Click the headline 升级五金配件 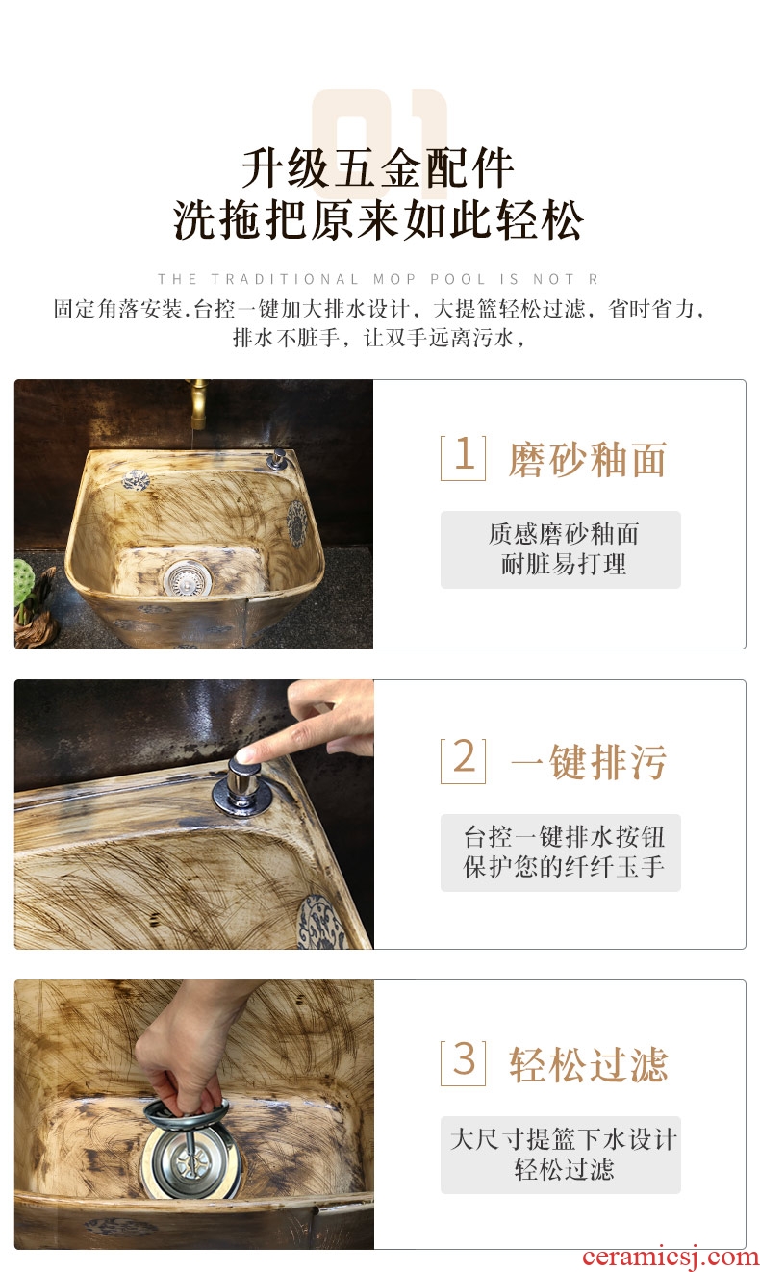pyautogui.click(x=378, y=168)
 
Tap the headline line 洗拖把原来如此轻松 pyautogui.click(x=378, y=219)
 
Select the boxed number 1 pyautogui.click(x=463, y=458)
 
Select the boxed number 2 pyautogui.click(x=463, y=761)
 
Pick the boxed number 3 pyautogui.click(x=463, y=1063)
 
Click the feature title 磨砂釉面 pyautogui.click(x=588, y=459)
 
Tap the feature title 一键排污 pyautogui.click(x=589, y=762)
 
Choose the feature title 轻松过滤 pyautogui.click(x=589, y=1065)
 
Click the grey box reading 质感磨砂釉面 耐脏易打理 pyautogui.click(x=561, y=549)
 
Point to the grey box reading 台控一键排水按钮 pyautogui.click(x=561, y=852)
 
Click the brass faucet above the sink pyautogui.click(x=198, y=404)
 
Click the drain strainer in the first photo pyautogui.click(x=188, y=578)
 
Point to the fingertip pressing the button pyautogui.click(x=244, y=754)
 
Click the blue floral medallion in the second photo pyautogui.click(x=321, y=922)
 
